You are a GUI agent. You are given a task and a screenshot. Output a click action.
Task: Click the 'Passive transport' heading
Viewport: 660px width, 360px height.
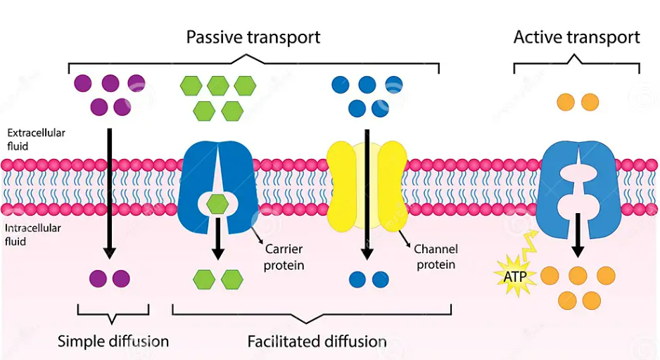(x=253, y=37)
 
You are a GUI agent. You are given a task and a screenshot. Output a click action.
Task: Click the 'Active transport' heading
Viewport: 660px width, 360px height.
(x=576, y=37)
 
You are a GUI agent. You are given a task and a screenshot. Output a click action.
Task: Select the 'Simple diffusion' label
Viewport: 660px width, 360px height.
(x=113, y=342)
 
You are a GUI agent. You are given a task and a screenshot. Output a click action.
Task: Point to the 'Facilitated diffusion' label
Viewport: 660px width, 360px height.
(x=317, y=342)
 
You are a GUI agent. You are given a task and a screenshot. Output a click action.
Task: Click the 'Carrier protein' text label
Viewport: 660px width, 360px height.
(x=284, y=257)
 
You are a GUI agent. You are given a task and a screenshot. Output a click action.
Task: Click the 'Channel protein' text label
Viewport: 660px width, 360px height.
(x=436, y=257)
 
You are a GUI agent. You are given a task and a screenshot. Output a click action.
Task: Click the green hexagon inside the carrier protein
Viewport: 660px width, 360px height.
(x=218, y=205)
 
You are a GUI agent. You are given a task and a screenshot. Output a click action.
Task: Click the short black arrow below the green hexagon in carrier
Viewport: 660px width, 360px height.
(x=218, y=239)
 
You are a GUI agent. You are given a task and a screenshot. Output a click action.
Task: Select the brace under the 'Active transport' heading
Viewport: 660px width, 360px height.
(x=576, y=65)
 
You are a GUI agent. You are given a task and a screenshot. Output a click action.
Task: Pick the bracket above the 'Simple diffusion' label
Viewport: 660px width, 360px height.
(x=113, y=313)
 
